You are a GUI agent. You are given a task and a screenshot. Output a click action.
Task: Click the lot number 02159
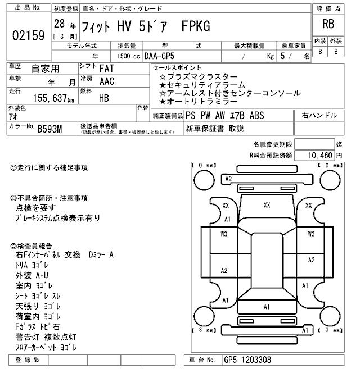point(28,36)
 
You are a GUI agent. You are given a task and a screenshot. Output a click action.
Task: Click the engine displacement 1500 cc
point(124,56)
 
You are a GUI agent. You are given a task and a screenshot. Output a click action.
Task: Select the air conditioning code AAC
point(107,81)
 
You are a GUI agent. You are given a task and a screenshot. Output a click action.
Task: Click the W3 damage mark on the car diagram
point(224,234)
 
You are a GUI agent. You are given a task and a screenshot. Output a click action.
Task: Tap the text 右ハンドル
point(319,116)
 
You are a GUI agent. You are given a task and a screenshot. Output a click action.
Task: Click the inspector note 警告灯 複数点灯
point(46,337)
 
